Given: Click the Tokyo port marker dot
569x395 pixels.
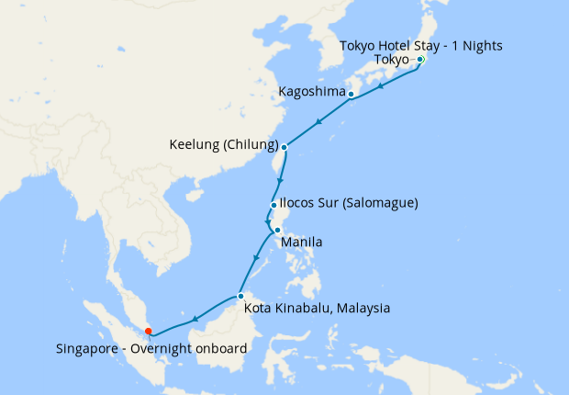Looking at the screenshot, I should coord(420,60).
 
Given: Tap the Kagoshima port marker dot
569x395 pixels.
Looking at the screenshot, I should coord(351,94).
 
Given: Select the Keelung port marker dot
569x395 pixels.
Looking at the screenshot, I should coord(284,147).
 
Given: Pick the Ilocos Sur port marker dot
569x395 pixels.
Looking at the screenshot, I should coord(273,205).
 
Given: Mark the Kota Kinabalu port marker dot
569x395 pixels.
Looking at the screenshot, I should coord(240,296).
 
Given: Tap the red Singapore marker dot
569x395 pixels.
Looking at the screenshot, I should coord(149,332).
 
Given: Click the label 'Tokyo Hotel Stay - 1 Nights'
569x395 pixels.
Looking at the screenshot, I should coord(421,45).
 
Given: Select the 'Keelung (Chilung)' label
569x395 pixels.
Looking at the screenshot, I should coord(224,145).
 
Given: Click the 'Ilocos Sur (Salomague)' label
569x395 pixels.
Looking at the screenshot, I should coord(350,203).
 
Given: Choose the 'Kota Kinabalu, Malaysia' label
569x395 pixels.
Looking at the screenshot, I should coord(318,308).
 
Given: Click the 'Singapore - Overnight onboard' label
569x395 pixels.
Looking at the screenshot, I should coord(151,349).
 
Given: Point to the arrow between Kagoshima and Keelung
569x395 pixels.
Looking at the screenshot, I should coord(318,121).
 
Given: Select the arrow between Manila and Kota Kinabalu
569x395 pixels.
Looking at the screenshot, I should coord(254,260).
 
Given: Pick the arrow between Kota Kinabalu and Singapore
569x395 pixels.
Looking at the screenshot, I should coord(195,319).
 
